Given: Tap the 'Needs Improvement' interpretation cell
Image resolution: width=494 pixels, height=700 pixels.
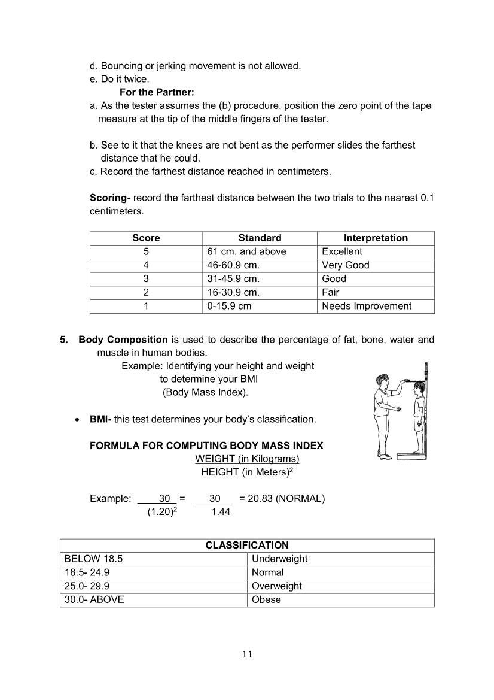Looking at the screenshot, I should coord(367,306).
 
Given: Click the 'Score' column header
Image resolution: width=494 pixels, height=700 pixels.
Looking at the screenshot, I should coord(146,238).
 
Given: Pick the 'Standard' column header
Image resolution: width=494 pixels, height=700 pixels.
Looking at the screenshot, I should coord(260,238).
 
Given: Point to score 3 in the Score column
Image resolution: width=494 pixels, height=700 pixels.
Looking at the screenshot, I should coord(146,278).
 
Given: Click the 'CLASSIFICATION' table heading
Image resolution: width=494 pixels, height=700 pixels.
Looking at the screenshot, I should coord(247,545).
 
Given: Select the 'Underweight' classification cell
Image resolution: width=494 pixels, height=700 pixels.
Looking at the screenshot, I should coord(279,559).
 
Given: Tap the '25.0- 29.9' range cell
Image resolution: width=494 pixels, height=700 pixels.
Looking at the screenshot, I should coord(87,586).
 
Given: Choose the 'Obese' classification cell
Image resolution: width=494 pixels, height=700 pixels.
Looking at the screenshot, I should coord(266,599).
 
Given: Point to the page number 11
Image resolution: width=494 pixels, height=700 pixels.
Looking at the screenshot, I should coord(248,654).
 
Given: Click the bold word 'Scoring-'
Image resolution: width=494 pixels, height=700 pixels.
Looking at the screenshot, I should coord(110,198).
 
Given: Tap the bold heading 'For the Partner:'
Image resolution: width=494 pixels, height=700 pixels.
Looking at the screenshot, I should coord(157,92).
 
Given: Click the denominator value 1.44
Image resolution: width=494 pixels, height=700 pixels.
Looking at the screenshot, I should coord(221,512).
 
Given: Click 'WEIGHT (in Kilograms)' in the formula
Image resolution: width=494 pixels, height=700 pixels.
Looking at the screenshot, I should coord(247,459).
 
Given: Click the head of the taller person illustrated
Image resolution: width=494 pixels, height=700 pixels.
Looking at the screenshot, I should coord(383,381).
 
